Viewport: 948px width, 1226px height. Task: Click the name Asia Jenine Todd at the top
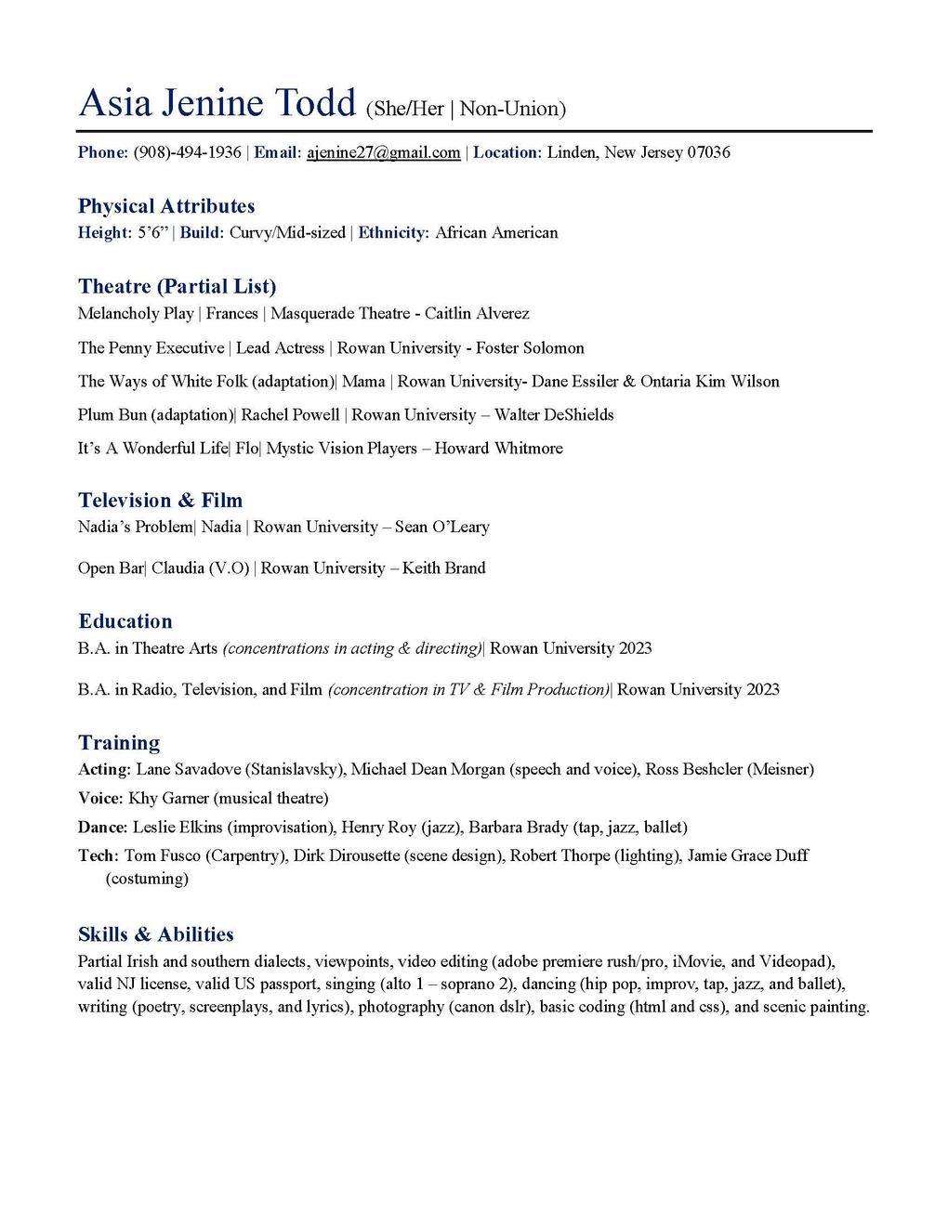(217, 103)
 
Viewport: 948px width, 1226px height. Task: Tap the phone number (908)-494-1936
(188, 152)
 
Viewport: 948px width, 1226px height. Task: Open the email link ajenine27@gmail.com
(383, 152)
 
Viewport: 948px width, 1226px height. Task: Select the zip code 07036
(708, 152)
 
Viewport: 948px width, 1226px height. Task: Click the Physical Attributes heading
(166, 206)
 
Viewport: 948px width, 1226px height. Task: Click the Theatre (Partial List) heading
(177, 286)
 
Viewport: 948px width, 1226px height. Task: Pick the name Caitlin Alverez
(477, 314)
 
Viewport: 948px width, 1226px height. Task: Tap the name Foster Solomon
(530, 348)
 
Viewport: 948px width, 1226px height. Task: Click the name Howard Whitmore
(498, 449)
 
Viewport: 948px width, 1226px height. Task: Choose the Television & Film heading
(160, 501)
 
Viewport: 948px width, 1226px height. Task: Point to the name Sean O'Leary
(441, 528)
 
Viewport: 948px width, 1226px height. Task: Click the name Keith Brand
(443, 568)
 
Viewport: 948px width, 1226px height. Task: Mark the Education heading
(125, 621)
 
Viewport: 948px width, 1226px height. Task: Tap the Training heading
(119, 743)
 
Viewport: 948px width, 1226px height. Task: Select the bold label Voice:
(100, 799)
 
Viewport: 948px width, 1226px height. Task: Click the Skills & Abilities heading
(156, 934)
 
